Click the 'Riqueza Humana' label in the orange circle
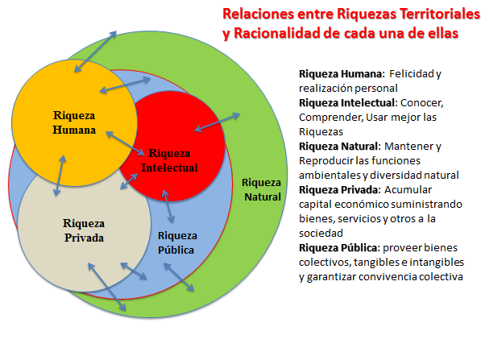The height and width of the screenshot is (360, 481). pos(74,122)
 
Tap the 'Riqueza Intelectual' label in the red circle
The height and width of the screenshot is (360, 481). pos(169,160)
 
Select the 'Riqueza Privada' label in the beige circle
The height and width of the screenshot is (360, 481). pos(84,230)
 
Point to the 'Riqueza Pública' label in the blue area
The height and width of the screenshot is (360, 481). pos(177,243)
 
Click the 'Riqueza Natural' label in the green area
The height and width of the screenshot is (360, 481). pos(261,189)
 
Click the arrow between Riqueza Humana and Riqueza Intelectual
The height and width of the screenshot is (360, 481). pos(125,143)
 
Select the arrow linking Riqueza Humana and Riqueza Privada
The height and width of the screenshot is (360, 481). pos(60,176)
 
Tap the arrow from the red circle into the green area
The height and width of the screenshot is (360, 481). pos(218,122)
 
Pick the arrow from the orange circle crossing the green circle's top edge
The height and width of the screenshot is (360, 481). pos(95,52)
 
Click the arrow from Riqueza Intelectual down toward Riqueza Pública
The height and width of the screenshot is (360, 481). pos(168,206)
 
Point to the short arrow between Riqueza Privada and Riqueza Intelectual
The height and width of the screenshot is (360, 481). pos(129,181)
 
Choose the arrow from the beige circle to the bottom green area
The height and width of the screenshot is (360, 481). pos(106,287)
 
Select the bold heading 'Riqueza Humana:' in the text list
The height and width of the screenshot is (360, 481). pos(342,74)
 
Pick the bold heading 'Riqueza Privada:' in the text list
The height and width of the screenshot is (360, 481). pos(340,190)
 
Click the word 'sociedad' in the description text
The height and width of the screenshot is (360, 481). pos(321,234)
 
